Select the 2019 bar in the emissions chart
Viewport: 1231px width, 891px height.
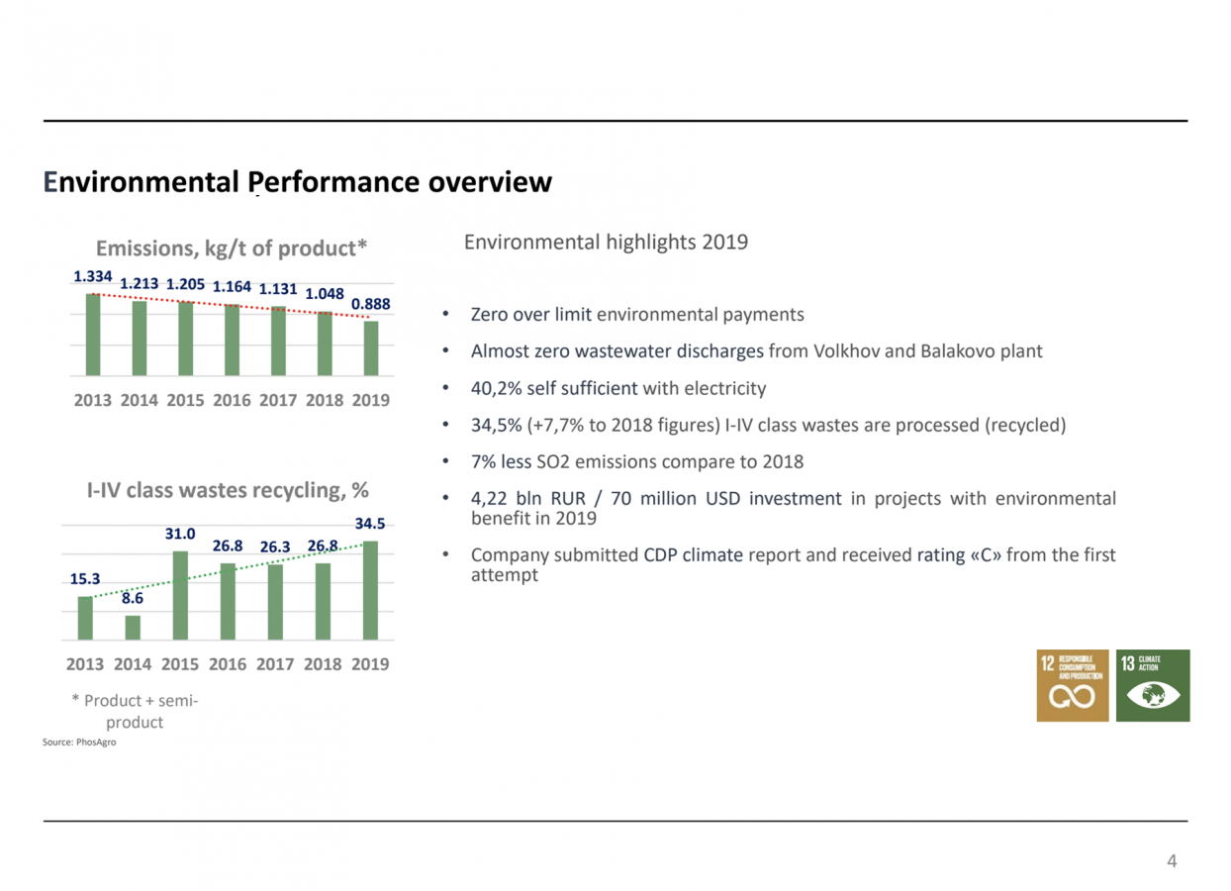pyautogui.click(x=371, y=347)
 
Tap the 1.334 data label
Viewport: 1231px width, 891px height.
pyautogui.click(x=93, y=277)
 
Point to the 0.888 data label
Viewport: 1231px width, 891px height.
pyautogui.click(x=371, y=304)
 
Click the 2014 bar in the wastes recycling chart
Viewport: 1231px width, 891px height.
pyautogui.click(x=133, y=628)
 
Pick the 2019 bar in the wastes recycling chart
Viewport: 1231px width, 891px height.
pyautogui.click(x=370, y=590)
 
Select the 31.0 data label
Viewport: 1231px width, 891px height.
pyautogui.click(x=180, y=534)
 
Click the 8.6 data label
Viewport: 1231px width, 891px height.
pyautogui.click(x=133, y=598)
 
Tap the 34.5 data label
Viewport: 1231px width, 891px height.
pyautogui.click(x=370, y=524)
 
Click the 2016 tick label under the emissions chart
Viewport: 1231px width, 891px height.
pyautogui.click(x=231, y=401)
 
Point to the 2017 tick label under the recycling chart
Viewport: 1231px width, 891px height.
pyautogui.click(x=276, y=664)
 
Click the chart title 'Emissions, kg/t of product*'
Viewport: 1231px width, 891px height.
pyautogui.click(x=231, y=247)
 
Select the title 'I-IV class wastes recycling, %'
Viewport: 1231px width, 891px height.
pyautogui.click(x=228, y=490)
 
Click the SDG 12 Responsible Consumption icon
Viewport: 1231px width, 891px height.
pyautogui.click(x=1073, y=685)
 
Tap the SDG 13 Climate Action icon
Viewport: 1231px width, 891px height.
pyautogui.click(x=1153, y=685)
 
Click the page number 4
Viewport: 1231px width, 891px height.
pyautogui.click(x=1173, y=861)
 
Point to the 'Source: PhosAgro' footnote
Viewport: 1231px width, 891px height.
pyautogui.click(x=80, y=742)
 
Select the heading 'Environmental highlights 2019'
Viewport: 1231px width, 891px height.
pyautogui.click(x=606, y=243)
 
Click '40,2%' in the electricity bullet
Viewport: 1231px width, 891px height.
pyautogui.click(x=496, y=388)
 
